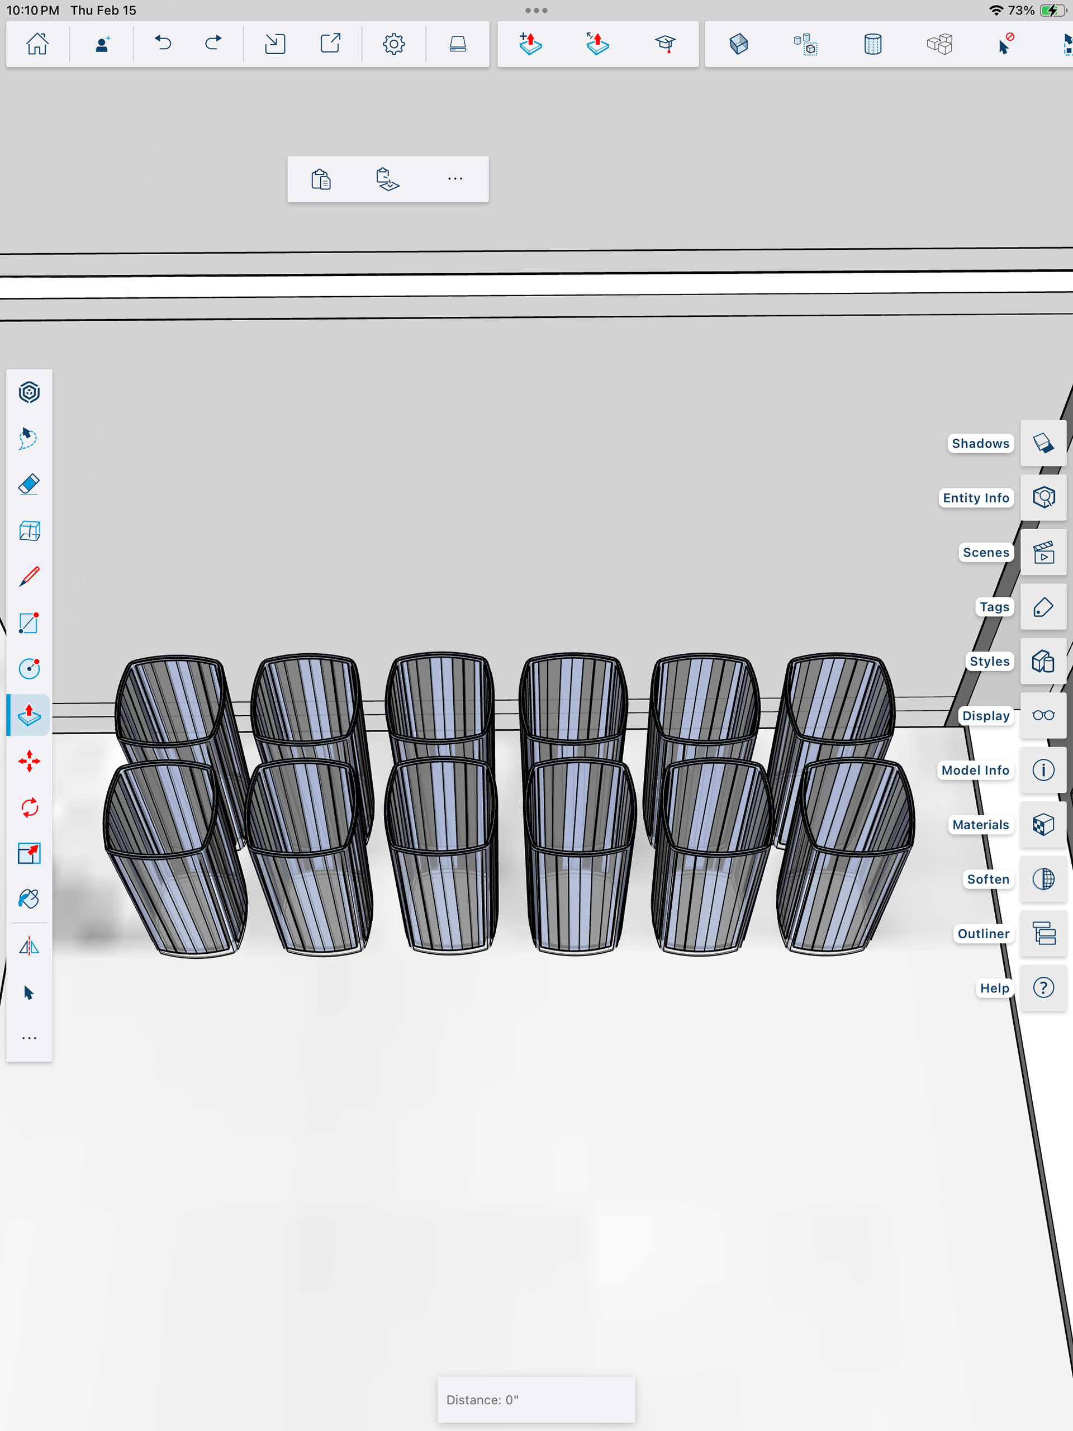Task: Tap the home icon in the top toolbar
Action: pyautogui.click(x=37, y=44)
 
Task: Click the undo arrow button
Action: pyautogui.click(x=163, y=44)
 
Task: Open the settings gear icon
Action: pyautogui.click(x=393, y=44)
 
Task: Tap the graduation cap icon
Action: pyautogui.click(x=664, y=44)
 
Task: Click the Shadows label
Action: pyautogui.click(x=980, y=443)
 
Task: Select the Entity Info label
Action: pyautogui.click(x=976, y=497)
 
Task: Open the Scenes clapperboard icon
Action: pyautogui.click(x=1043, y=553)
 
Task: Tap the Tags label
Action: pyautogui.click(x=994, y=607)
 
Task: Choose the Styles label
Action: pyautogui.click(x=990, y=661)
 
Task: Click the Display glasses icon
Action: pyautogui.click(x=1043, y=715)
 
